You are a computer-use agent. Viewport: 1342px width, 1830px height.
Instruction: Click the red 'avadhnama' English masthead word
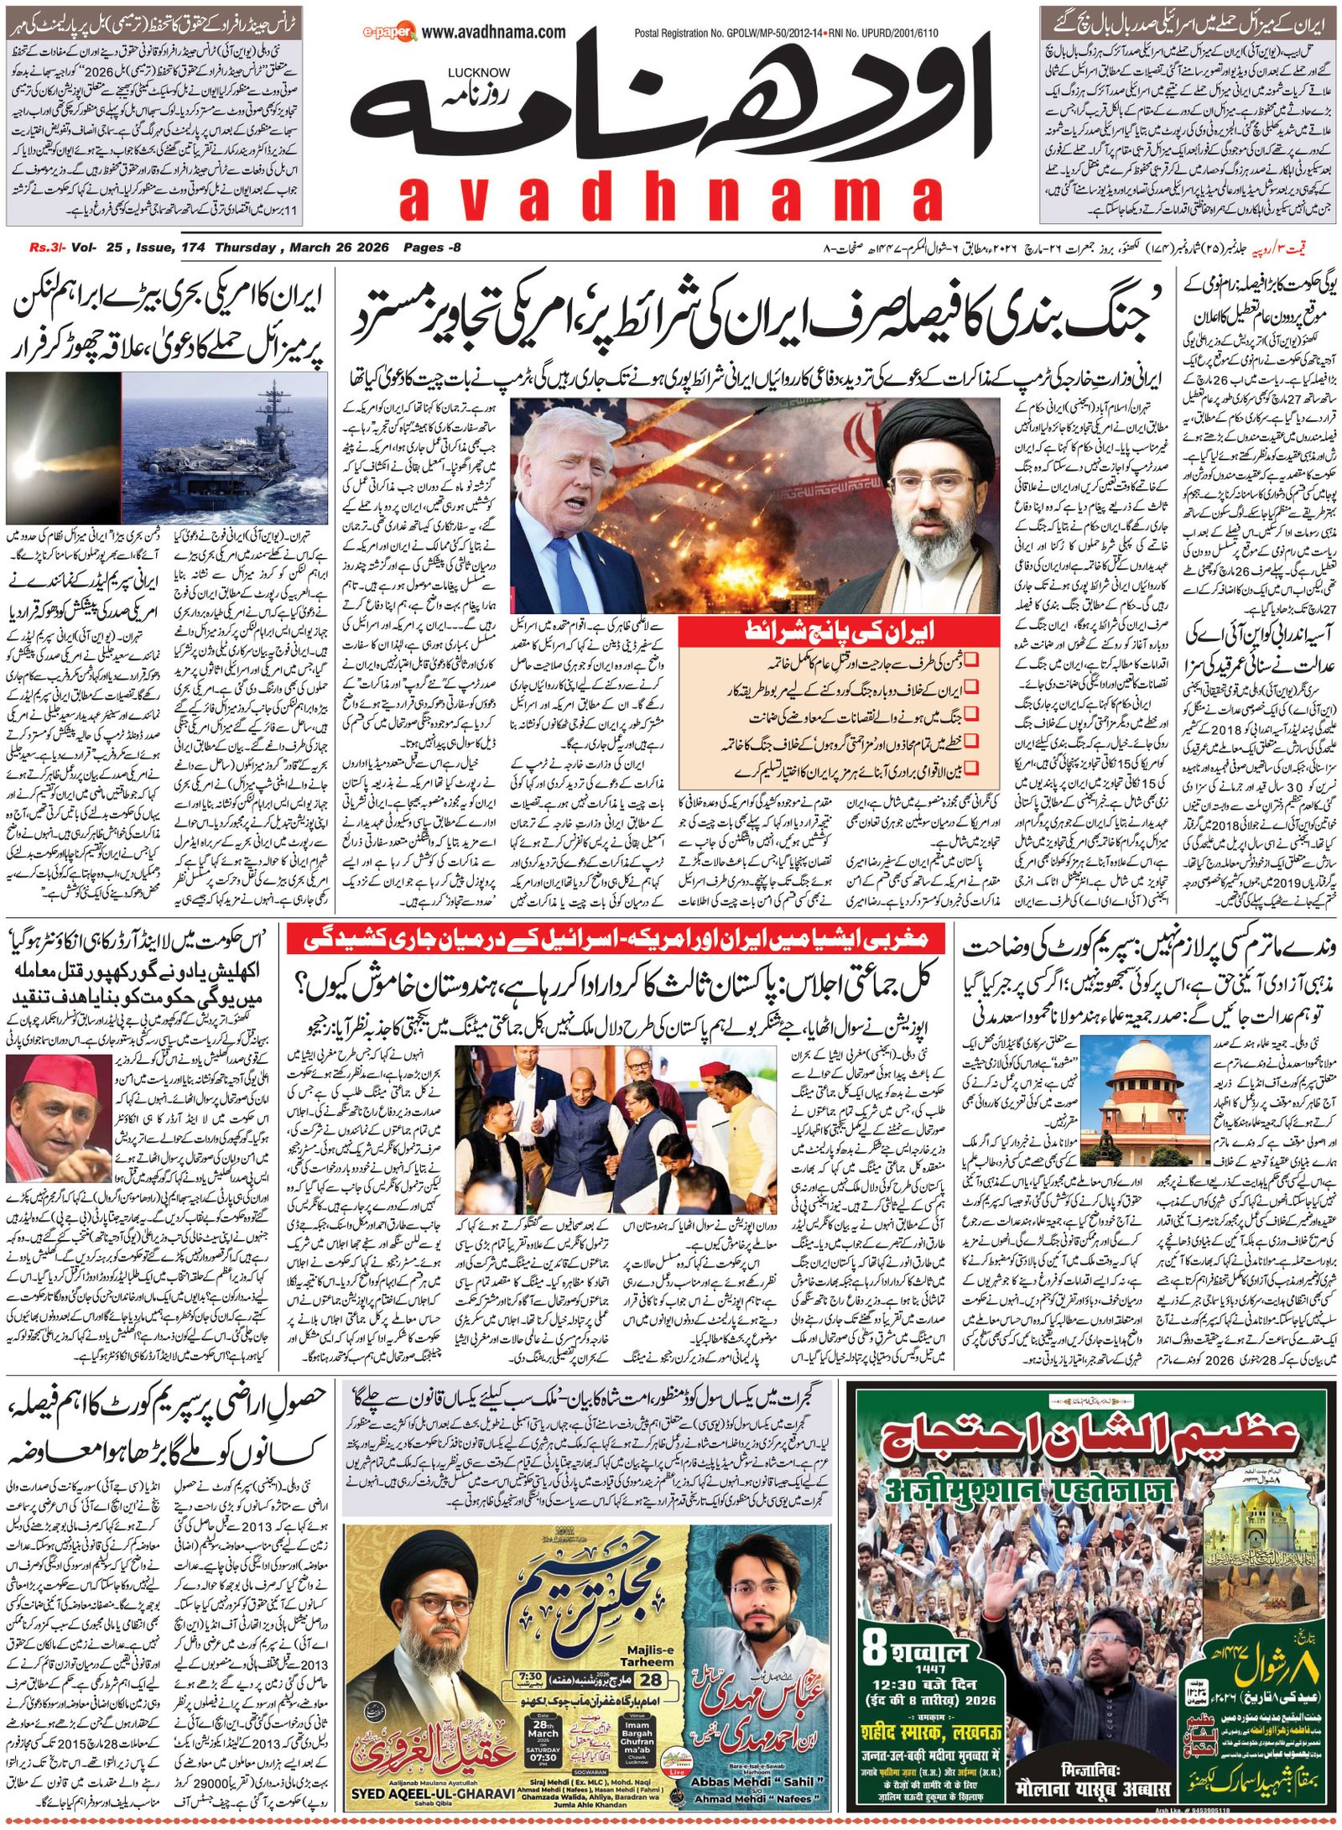point(670,200)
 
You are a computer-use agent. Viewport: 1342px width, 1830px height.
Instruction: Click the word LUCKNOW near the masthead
point(478,73)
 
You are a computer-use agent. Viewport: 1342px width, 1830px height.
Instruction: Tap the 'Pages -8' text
point(431,248)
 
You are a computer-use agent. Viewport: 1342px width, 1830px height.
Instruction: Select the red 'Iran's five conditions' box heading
point(839,632)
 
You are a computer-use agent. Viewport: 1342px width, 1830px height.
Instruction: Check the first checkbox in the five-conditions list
point(970,660)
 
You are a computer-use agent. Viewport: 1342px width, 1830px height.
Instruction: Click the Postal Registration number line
point(785,34)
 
